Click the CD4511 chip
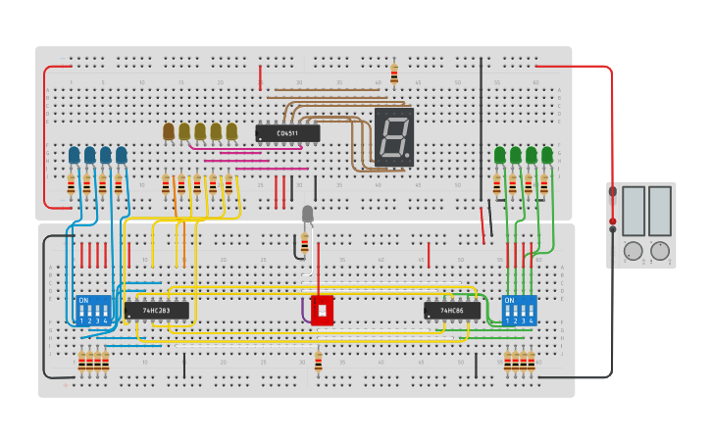pos(287,133)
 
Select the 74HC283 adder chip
pos(156,311)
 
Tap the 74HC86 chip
pos(452,311)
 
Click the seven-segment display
pos(394,137)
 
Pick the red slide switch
pos(322,310)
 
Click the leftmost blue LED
pos(75,156)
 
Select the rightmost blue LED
pos(122,156)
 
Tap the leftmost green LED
pos(500,155)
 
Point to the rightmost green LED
pos(547,155)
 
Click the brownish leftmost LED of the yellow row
pos(169,131)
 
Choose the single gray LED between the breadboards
pos(307,214)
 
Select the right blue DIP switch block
pos(520,311)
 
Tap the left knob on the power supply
pos(634,251)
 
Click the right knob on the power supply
pos(660,251)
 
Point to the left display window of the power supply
pos(634,211)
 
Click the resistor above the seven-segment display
pos(394,74)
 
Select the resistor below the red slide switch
pos(318,363)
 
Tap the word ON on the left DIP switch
pos(83,301)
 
